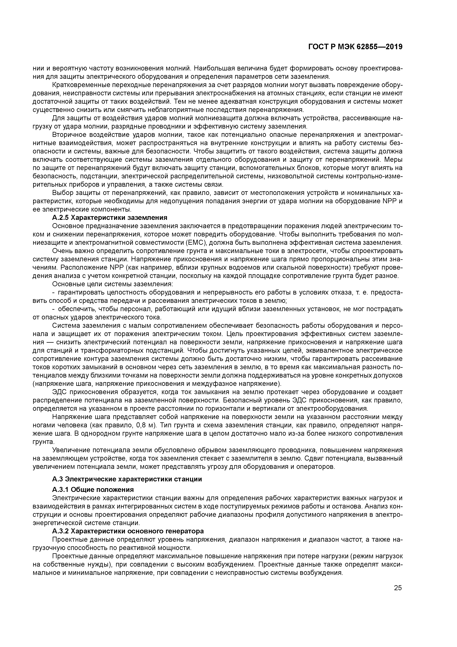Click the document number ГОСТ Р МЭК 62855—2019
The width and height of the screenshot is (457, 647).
tap(355, 47)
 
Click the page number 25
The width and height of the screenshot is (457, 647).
tap(398, 588)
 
